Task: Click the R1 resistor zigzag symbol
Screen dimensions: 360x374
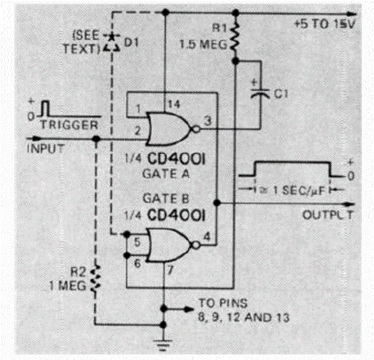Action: pyautogui.click(x=236, y=37)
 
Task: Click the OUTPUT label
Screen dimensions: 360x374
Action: pyautogui.click(x=328, y=214)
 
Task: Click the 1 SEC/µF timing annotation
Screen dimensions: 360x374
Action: pyautogui.click(x=286, y=190)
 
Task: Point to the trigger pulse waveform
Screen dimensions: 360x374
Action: pyautogui.click(x=46, y=110)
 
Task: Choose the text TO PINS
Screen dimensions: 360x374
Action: pyautogui.click(x=220, y=303)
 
